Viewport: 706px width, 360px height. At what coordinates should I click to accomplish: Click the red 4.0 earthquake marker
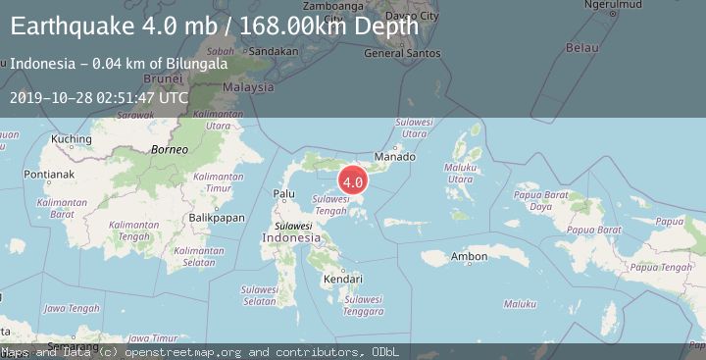(353, 180)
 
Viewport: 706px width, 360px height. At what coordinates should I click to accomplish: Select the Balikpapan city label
(217, 217)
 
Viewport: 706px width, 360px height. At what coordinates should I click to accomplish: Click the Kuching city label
(71, 139)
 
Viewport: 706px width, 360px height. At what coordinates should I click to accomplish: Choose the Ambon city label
(469, 257)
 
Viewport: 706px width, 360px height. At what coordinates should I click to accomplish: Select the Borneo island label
(169, 149)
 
